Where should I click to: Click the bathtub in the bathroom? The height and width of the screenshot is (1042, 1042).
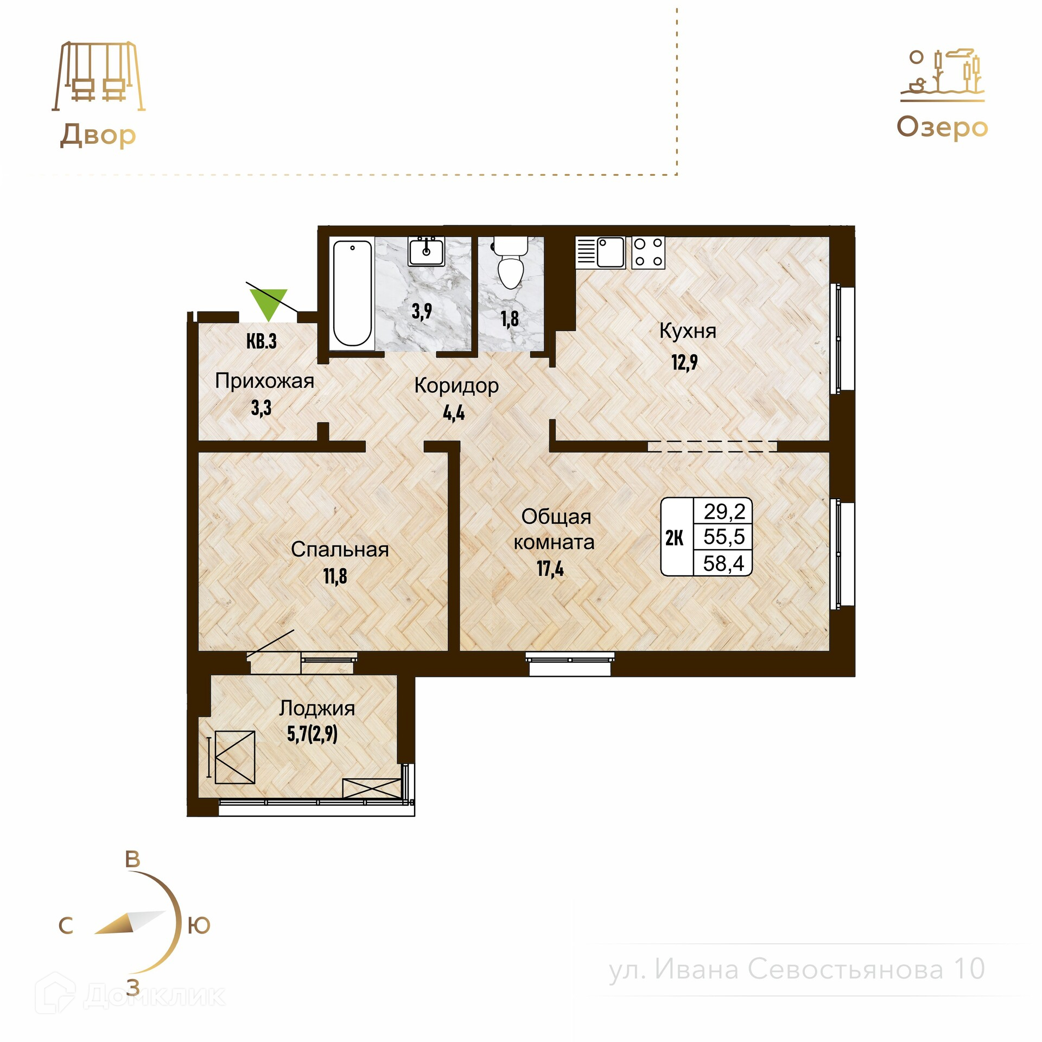(x=352, y=293)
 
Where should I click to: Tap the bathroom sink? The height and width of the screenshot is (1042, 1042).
(x=426, y=251)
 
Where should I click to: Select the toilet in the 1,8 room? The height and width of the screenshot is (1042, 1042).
(x=510, y=264)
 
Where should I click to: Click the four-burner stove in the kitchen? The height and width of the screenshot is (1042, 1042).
(x=649, y=252)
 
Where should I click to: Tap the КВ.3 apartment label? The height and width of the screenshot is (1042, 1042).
(x=262, y=341)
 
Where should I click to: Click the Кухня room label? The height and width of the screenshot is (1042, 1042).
(x=688, y=331)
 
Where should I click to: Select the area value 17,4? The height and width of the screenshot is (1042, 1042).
(x=550, y=569)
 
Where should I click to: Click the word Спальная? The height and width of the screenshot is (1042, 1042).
(x=340, y=549)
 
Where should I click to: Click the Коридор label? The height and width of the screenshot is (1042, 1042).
(x=456, y=386)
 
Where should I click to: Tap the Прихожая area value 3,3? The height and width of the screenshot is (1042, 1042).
(x=261, y=408)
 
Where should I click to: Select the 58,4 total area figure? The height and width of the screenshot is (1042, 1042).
(x=724, y=563)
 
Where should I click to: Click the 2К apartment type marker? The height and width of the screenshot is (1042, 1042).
(x=675, y=538)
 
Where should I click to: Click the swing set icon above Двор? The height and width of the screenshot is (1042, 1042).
(x=99, y=76)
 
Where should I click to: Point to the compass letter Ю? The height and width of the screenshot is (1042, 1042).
(x=199, y=925)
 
